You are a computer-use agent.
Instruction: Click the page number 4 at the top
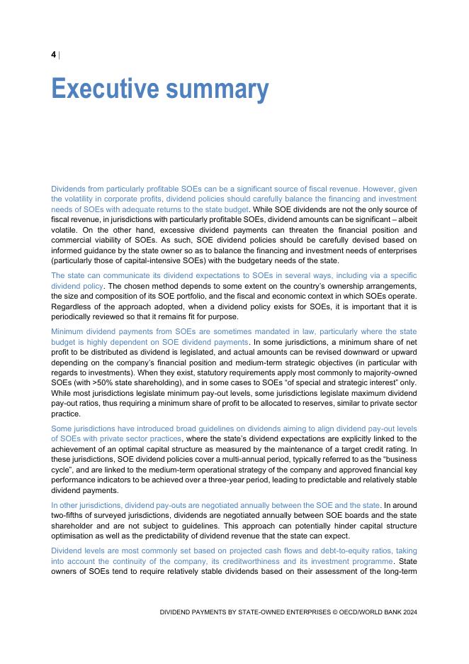(54, 55)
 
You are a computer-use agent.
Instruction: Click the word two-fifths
(69, 516)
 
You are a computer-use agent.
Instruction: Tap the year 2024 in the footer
(409, 612)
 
